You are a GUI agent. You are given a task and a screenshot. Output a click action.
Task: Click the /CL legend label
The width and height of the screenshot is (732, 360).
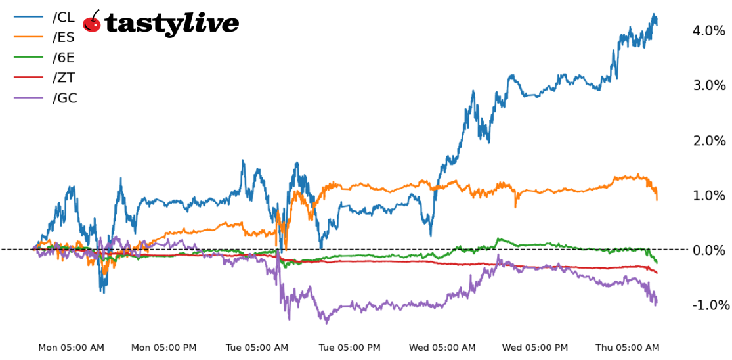63,18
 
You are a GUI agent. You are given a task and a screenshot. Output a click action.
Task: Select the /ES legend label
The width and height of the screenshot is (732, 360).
63,37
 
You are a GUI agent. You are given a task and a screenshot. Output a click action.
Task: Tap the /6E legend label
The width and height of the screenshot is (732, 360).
63,58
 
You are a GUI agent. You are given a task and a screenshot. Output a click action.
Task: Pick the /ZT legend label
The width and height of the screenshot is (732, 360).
63,78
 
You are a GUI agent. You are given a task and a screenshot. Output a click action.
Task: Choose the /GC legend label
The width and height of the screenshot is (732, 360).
64,99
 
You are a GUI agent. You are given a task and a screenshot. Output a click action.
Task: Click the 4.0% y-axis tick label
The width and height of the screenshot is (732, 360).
708,30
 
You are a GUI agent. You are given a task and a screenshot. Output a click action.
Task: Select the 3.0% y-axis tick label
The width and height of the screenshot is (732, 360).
708,85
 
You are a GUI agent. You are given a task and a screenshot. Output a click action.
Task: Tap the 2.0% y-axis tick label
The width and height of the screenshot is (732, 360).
708,141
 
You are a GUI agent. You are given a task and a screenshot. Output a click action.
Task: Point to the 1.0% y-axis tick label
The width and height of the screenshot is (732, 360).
708,195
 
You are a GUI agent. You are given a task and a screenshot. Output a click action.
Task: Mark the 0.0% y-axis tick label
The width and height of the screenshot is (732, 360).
708,250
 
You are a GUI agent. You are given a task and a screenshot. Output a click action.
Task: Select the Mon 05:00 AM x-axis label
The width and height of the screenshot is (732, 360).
71,348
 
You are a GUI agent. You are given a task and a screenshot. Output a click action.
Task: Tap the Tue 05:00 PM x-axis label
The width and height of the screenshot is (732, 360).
350,348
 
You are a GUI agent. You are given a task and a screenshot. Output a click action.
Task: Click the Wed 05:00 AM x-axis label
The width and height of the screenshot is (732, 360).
442,348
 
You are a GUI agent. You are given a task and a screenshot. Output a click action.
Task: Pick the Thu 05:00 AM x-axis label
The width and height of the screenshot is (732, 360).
627,348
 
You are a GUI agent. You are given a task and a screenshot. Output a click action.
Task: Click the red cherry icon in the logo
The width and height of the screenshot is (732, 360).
93,23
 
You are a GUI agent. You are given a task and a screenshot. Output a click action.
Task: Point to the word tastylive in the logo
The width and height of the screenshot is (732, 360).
172,24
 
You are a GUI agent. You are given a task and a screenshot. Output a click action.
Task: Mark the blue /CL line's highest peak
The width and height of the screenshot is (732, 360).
653,14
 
